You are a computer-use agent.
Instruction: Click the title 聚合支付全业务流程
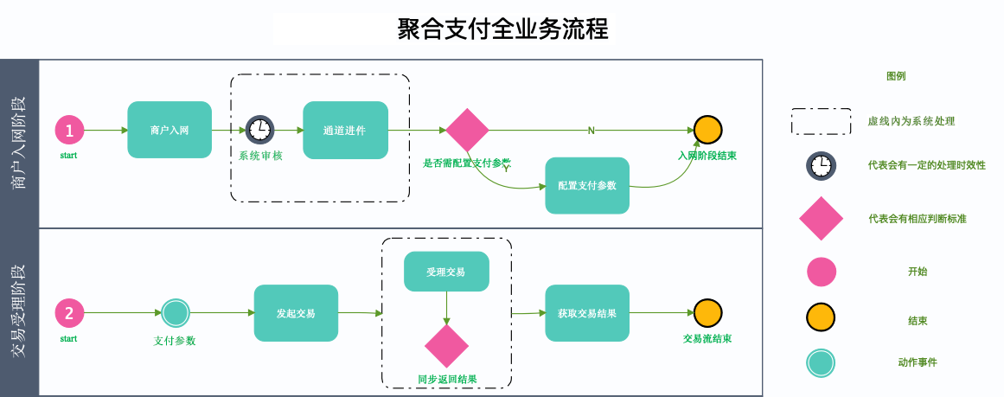point(502,29)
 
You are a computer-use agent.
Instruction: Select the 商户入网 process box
point(169,130)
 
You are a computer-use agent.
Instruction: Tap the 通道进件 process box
point(345,130)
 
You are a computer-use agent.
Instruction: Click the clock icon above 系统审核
point(259,130)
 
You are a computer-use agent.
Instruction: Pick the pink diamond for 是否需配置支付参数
point(468,130)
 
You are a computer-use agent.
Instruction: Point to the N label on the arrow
point(592,131)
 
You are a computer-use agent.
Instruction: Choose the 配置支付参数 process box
point(587,185)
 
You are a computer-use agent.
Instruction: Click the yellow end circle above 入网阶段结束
point(707,130)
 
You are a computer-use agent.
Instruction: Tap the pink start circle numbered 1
point(70,130)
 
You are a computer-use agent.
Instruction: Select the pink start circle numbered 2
point(70,312)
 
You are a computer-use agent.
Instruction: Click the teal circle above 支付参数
point(176,312)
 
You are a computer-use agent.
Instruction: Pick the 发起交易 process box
point(295,312)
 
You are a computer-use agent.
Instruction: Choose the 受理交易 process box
point(446,272)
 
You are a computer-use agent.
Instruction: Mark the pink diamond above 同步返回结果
point(446,347)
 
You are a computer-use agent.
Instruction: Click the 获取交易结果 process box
point(587,312)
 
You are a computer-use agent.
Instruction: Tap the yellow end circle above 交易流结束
point(707,312)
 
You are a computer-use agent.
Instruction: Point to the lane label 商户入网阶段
point(19,144)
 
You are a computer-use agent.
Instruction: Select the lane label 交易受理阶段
point(19,312)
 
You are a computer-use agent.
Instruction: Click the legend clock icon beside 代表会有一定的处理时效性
point(821,164)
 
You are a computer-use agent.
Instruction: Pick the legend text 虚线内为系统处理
point(911,121)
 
